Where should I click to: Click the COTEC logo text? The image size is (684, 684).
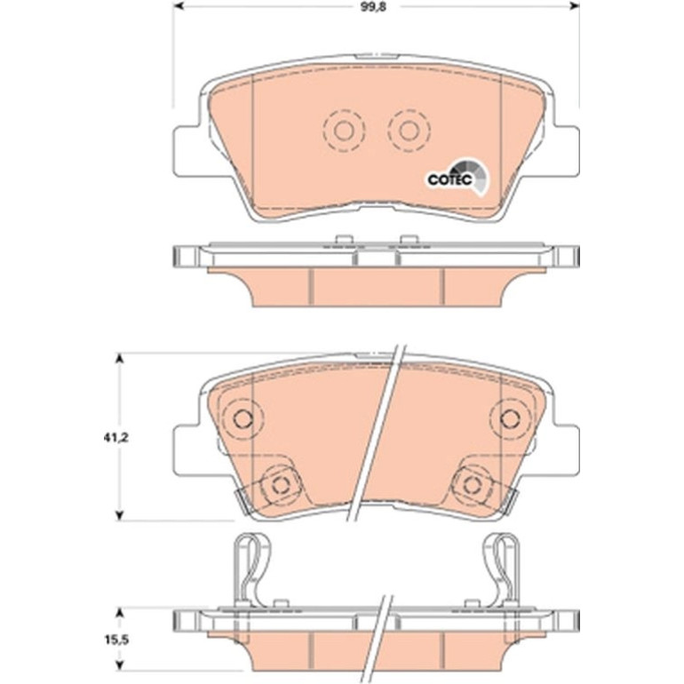coord(449,179)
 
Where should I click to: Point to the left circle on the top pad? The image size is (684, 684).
coord(343,130)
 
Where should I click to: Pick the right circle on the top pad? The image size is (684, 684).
coord(410,130)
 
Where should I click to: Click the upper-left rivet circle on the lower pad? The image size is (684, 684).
coord(243,419)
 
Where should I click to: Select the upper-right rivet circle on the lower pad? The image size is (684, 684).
coord(510,419)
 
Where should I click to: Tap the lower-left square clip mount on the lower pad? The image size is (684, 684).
coord(281,485)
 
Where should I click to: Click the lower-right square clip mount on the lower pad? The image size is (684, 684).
coord(473,485)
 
